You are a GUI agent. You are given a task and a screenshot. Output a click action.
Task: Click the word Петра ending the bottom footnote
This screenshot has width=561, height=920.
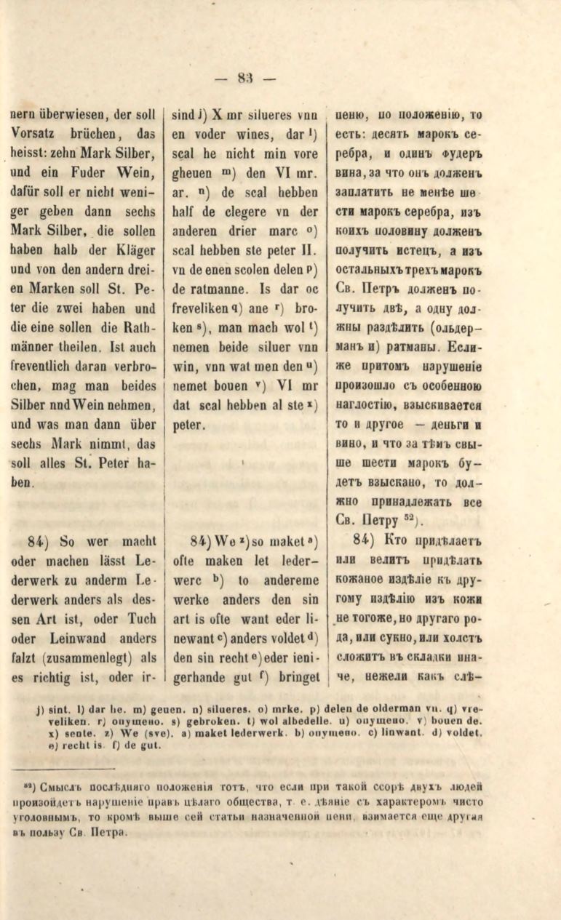click(x=113, y=832)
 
